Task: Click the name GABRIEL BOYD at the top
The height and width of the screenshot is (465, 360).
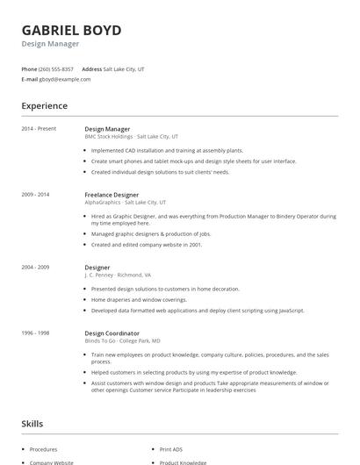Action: click(x=72, y=30)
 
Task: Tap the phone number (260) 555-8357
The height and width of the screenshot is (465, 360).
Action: click(x=56, y=68)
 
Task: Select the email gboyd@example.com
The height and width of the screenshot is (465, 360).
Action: click(x=65, y=79)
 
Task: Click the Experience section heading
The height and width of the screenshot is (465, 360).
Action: click(x=44, y=106)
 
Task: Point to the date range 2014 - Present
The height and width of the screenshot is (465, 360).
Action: click(x=39, y=129)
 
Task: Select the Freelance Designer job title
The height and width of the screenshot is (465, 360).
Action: click(x=112, y=194)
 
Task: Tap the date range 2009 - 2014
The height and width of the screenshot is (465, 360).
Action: click(x=36, y=195)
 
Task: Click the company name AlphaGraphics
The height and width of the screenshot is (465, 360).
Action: click(x=104, y=202)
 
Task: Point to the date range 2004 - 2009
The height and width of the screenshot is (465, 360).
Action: click(x=36, y=267)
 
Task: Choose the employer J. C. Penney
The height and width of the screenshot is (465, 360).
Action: click(x=101, y=275)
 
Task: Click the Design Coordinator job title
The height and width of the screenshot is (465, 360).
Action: click(x=112, y=333)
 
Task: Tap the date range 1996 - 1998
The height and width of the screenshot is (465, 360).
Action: click(x=36, y=333)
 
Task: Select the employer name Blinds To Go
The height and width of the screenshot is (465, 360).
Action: click(x=101, y=340)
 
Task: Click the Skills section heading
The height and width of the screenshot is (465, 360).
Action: click(x=33, y=424)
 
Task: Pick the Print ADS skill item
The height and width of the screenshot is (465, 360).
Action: click(x=172, y=448)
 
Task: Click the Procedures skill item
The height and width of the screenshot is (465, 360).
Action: click(x=45, y=448)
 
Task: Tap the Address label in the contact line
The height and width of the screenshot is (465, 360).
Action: click(x=91, y=68)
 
